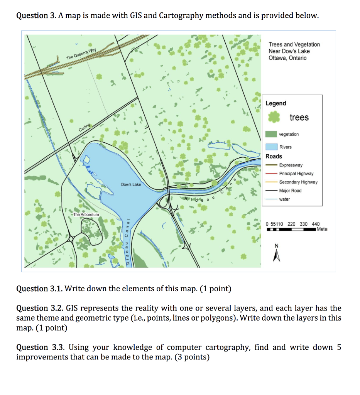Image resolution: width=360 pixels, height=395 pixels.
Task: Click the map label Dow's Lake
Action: tap(131, 185)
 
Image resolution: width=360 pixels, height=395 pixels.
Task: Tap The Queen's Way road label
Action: tap(81, 54)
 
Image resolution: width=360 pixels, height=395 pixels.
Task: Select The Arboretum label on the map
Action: tap(86, 214)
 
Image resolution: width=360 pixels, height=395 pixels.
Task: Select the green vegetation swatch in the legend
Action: tap(271, 134)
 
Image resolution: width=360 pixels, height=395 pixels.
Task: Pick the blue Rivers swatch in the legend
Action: tap(271, 147)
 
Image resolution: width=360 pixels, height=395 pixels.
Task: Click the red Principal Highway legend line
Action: tap(271, 174)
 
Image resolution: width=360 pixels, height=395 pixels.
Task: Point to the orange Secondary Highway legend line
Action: tap(271, 182)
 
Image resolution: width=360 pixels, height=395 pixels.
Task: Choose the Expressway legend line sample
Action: tap(271, 165)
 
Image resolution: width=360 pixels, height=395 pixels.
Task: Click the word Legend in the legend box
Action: tap(276, 103)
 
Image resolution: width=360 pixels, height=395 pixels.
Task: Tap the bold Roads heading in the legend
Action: tap(274, 156)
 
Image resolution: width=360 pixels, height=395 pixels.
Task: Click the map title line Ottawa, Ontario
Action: tap(287, 58)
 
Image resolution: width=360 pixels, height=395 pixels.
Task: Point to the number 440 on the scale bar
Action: tap(316, 224)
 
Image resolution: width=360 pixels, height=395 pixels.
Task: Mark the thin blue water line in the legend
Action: tap(271, 199)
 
